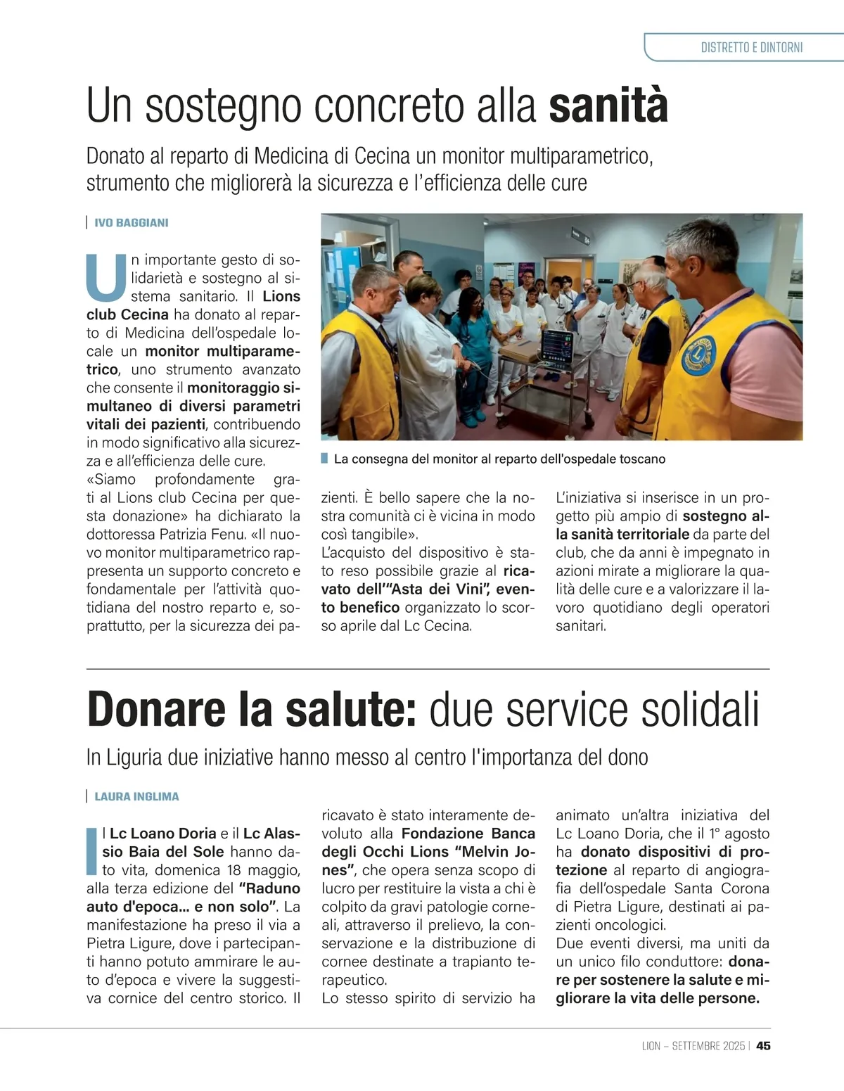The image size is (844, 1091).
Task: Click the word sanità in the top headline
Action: [x=608, y=106]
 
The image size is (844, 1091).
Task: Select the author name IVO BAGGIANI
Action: [x=132, y=223]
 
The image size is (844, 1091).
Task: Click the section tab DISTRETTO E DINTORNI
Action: [x=751, y=48]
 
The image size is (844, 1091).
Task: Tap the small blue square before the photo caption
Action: [x=324, y=459]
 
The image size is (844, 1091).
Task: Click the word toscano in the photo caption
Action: [x=642, y=459]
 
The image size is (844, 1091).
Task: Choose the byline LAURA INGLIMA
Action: [x=136, y=797]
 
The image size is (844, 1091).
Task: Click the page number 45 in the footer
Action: [x=763, y=1046]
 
